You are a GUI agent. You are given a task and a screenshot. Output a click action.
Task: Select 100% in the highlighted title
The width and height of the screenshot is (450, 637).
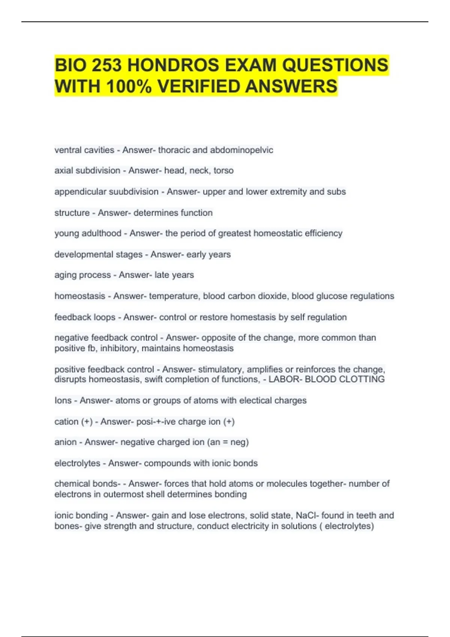pyautogui.click(x=129, y=87)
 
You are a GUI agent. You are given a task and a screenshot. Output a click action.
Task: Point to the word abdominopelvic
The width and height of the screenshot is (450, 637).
pyautogui.click(x=241, y=150)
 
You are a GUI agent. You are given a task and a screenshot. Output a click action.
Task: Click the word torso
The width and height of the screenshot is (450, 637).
pyautogui.click(x=223, y=171)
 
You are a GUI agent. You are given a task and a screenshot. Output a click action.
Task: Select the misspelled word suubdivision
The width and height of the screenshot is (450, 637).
pyautogui.click(x=133, y=192)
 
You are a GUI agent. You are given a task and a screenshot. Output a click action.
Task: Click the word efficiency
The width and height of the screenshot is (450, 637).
pyautogui.click(x=323, y=233)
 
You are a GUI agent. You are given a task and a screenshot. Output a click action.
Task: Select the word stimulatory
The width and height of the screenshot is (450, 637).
pyautogui.click(x=220, y=369)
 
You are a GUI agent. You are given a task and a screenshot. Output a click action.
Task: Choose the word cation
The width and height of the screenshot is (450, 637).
pyautogui.click(x=66, y=422)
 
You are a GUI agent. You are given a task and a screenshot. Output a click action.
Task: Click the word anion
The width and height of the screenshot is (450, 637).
pyautogui.click(x=66, y=442)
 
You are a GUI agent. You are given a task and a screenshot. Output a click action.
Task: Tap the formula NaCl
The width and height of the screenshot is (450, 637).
pyautogui.click(x=307, y=516)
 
